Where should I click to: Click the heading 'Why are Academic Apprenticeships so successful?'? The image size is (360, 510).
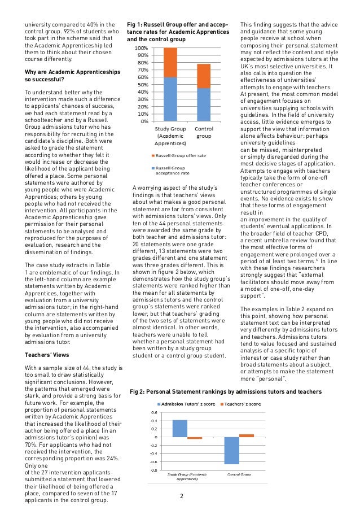click(x=65, y=76)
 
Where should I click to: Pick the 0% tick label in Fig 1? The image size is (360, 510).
click(x=144, y=121)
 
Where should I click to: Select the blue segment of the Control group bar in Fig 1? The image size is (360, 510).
click(x=203, y=104)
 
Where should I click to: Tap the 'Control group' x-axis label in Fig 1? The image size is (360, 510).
click(x=204, y=133)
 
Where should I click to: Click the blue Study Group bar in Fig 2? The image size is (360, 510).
click(x=179, y=428)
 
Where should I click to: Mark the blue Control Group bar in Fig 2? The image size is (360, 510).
click(x=231, y=450)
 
